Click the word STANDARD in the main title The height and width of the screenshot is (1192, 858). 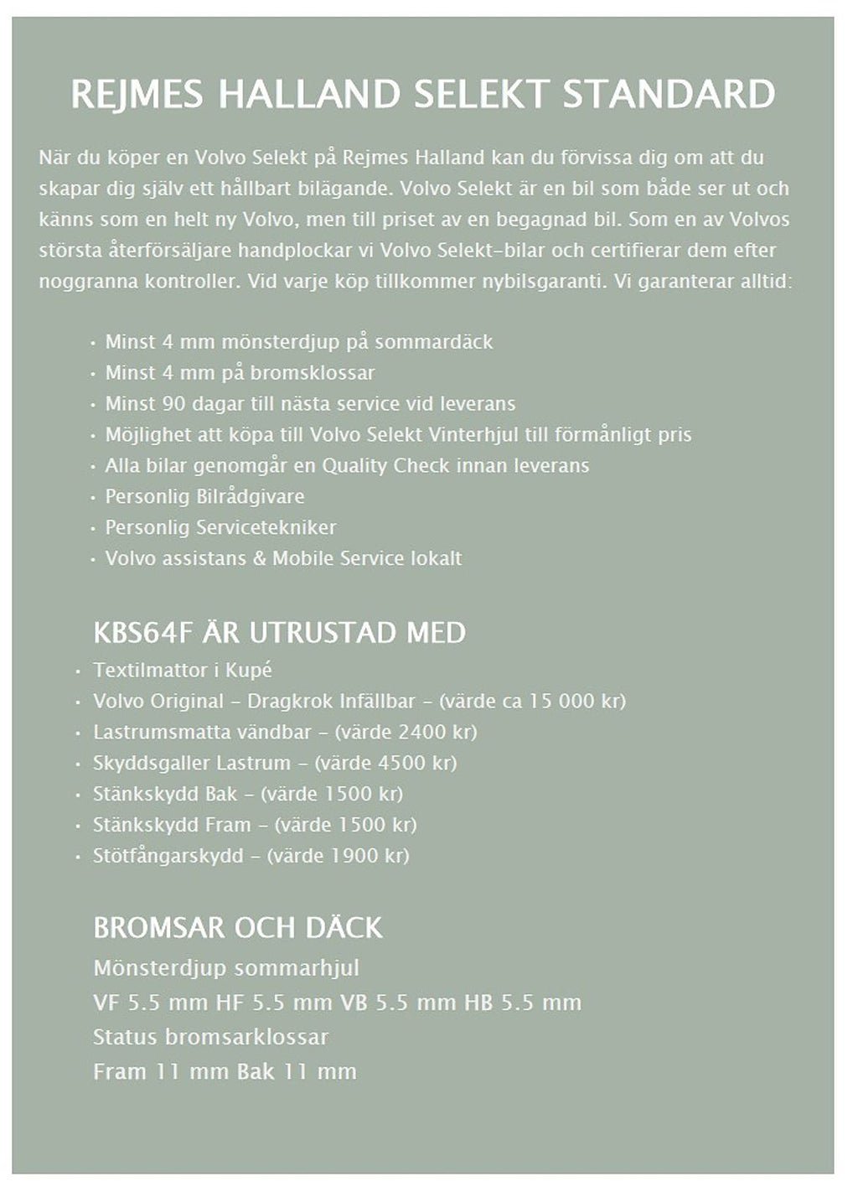(669, 94)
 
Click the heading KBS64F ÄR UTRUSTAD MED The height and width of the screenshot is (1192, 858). (279, 632)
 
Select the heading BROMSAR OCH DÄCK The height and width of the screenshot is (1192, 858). (238, 927)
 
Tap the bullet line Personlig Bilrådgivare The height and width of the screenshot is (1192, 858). (204, 496)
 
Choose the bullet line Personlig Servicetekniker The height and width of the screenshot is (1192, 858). (220, 527)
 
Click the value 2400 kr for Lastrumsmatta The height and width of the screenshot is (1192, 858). (436, 732)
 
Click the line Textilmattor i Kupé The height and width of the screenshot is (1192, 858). (183, 670)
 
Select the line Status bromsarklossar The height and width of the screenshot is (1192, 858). (210, 1037)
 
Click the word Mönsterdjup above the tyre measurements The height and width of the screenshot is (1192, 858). (160, 968)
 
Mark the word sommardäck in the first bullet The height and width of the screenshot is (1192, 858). (433, 341)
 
